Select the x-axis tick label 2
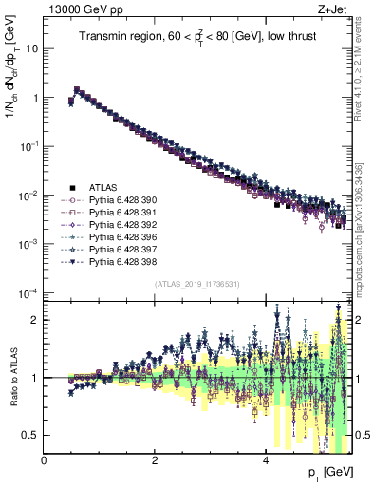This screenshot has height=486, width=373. click(155, 460)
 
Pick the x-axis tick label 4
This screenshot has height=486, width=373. click(265, 460)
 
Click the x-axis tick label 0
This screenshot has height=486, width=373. click(45, 460)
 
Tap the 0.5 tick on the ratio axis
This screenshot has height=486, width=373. click(31, 435)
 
